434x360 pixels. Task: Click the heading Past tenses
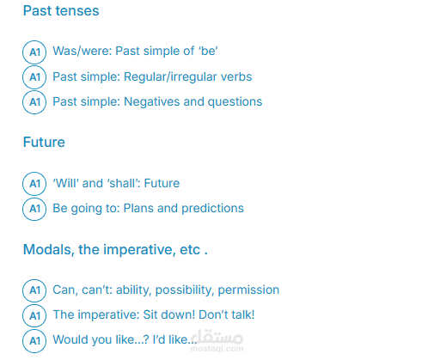pyautogui.click(x=61, y=11)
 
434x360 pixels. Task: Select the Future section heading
pyautogui.click(x=44, y=142)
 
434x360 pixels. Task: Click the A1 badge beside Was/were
pyautogui.click(x=34, y=52)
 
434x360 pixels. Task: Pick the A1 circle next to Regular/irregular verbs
pyautogui.click(x=34, y=77)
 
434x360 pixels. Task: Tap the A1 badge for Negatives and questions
pyautogui.click(x=34, y=102)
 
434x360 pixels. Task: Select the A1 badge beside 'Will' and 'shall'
pyautogui.click(x=34, y=184)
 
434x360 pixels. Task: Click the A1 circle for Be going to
pyautogui.click(x=34, y=209)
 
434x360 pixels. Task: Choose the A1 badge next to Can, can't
pyautogui.click(x=34, y=290)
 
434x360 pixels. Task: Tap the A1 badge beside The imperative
pyautogui.click(x=34, y=315)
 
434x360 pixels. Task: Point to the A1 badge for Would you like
pyautogui.click(x=34, y=340)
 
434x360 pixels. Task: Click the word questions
pyautogui.click(x=235, y=102)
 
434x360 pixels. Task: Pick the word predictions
pyautogui.click(x=212, y=208)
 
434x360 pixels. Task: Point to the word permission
pyautogui.click(x=248, y=290)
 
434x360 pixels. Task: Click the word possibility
pyautogui.click(x=185, y=290)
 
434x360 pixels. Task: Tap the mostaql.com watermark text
pyautogui.click(x=217, y=349)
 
